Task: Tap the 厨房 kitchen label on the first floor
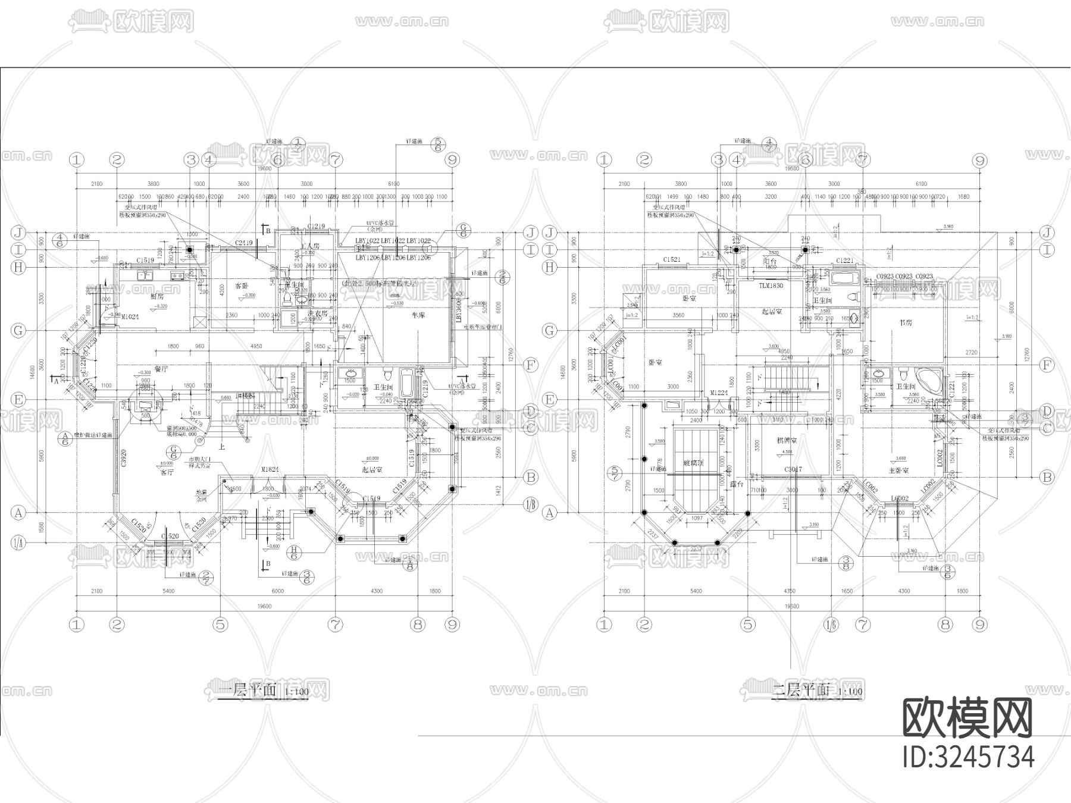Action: pos(140,296)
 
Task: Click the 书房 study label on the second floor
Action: pos(906,322)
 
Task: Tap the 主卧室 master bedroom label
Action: pos(898,470)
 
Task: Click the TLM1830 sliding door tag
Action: pos(771,286)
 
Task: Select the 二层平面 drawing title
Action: pos(801,691)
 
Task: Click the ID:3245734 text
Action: pos(968,757)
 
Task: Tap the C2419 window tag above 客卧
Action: pos(244,243)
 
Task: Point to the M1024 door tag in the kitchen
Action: pos(130,318)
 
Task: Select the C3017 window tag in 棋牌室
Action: pos(793,469)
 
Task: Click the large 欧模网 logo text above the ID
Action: pos(968,717)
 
